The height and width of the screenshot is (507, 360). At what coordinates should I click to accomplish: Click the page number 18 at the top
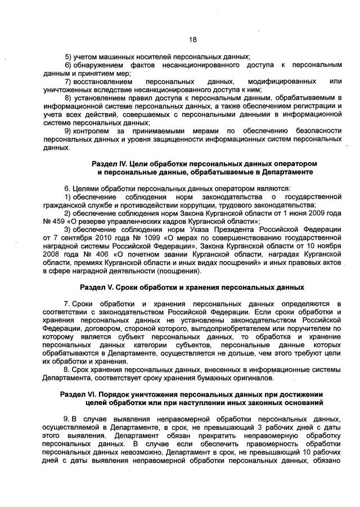pos(192,39)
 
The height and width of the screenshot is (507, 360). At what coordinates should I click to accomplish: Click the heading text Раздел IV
pos(110,163)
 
